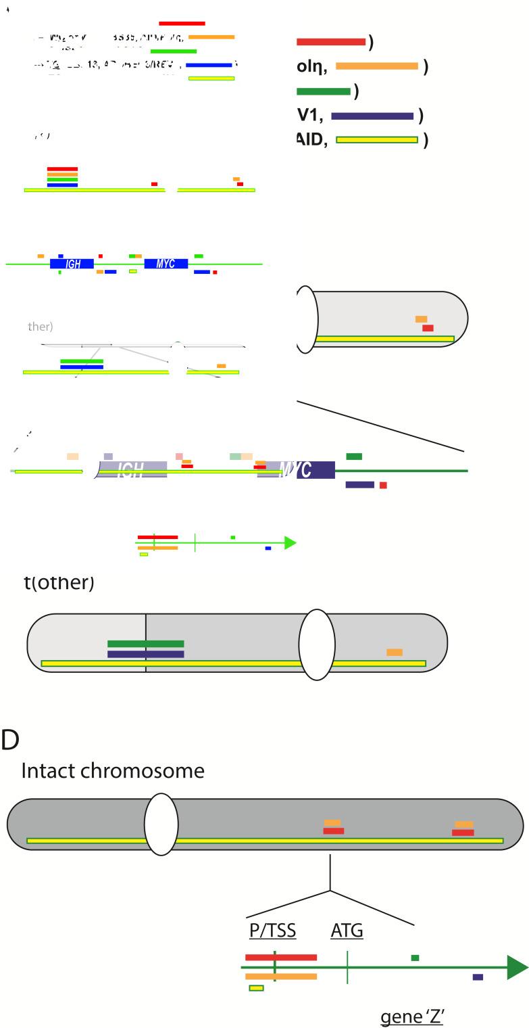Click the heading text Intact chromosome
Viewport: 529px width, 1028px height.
[113, 770]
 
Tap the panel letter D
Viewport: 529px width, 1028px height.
[10, 741]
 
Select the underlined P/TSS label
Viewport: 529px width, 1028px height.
[273, 931]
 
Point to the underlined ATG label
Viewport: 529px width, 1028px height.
[347, 931]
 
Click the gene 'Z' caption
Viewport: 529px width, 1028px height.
[411, 1017]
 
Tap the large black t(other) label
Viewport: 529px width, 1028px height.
[59, 582]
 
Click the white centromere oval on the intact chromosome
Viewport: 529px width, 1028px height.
[161, 824]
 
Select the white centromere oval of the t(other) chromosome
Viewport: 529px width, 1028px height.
[317, 645]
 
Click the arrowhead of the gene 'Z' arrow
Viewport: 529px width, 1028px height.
[517, 967]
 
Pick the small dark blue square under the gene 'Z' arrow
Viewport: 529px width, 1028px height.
[478, 977]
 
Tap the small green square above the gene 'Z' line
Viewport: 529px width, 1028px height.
[415, 958]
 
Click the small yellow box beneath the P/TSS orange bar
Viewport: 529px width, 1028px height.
[256, 988]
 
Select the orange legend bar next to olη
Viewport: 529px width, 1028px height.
[377, 66]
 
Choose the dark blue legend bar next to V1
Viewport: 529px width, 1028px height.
[372, 116]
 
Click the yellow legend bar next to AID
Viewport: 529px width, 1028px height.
[377, 140]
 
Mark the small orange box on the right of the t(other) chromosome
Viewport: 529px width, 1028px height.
[395, 652]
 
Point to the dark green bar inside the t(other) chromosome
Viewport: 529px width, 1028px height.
[145, 643]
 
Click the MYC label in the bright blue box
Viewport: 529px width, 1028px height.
[166, 264]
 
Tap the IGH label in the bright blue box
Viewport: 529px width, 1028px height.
[72, 264]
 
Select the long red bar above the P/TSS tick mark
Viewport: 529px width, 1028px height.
[280, 957]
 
